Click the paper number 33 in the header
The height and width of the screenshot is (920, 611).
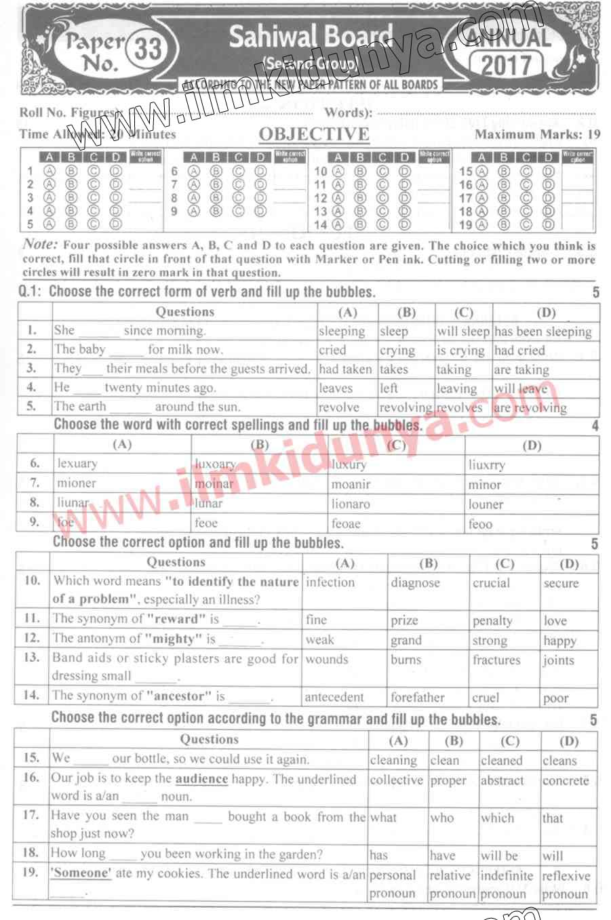point(146,50)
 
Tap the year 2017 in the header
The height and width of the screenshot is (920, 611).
point(506,65)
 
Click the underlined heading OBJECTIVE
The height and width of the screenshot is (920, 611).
point(314,134)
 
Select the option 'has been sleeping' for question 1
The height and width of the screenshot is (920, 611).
point(543,332)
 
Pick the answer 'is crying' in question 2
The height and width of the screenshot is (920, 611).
point(460,351)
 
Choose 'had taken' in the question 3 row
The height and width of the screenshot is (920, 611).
point(345,369)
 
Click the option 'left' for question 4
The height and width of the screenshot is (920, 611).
point(389,388)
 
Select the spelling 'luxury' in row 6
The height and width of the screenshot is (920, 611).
point(349,464)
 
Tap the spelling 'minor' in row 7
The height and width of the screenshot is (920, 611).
point(484,485)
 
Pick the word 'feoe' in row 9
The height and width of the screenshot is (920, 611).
point(206,523)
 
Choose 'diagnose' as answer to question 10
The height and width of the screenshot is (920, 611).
point(415,583)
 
